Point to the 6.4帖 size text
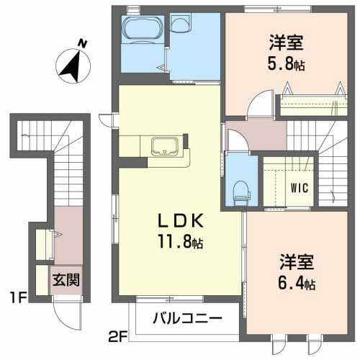[297, 283]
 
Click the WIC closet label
[300, 188]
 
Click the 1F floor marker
[21, 295]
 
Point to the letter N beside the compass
[84, 43]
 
